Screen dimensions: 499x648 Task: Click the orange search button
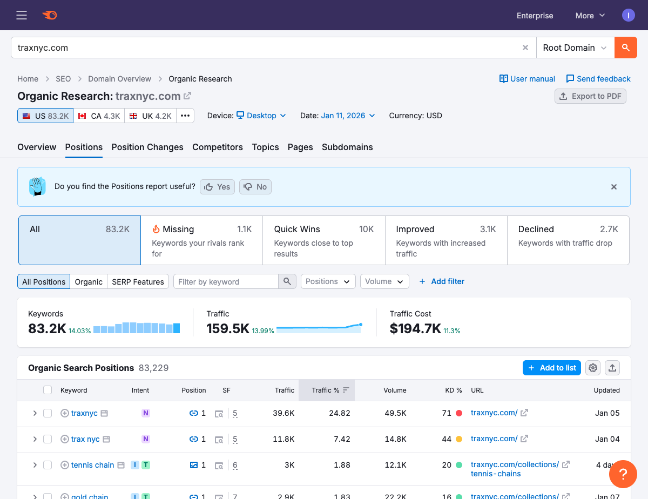tap(625, 48)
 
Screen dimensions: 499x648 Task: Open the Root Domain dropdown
tap(575, 48)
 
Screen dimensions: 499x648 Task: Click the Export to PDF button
tap(590, 96)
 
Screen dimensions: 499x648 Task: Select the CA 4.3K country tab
tap(99, 116)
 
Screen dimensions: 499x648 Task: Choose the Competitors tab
tap(218, 147)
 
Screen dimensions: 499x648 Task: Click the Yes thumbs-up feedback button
tap(218, 187)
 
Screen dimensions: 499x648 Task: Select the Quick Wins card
tap(323, 240)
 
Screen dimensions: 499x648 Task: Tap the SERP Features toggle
tap(138, 281)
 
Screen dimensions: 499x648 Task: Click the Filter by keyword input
tap(226, 281)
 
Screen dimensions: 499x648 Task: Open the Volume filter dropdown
tap(384, 281)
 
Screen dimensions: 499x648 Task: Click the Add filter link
tap(442, 281)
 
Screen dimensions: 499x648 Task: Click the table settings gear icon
tap(593, 368)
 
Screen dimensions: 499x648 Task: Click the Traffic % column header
tap(326, 390)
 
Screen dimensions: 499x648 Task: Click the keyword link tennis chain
tap(92, 465)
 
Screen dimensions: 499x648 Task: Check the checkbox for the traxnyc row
tap(48, 413)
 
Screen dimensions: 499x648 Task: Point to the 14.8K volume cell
tap(395, 439)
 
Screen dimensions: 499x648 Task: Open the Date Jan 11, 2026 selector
tap(348, 116)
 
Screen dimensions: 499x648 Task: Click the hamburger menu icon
tap(22, 15)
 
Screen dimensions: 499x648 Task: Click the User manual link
tap(527, 79)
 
